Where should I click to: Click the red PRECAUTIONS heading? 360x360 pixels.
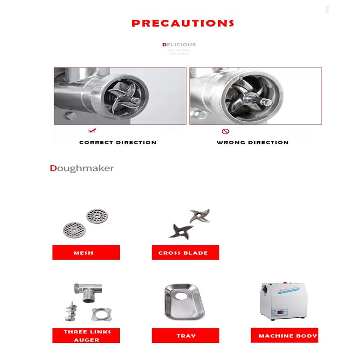point(183,23)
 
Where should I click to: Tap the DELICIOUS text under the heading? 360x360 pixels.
point(179,45)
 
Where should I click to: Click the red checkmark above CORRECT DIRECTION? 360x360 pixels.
point(92,131)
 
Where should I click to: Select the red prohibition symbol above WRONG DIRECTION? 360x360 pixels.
point(226,131)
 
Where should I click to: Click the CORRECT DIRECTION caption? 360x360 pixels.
point(118,142)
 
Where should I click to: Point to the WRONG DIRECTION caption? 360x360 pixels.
point(252,142)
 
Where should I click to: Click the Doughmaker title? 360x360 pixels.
point(82,168)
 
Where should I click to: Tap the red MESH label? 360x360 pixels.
point(86,252)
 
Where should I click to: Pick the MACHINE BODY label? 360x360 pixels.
point(284,335)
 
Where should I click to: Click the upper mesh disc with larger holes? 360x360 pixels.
point(97,216)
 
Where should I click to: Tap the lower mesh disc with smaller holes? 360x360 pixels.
point(73,229)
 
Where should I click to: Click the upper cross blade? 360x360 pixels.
point(200,216)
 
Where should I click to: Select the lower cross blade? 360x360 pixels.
point(180,230)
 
